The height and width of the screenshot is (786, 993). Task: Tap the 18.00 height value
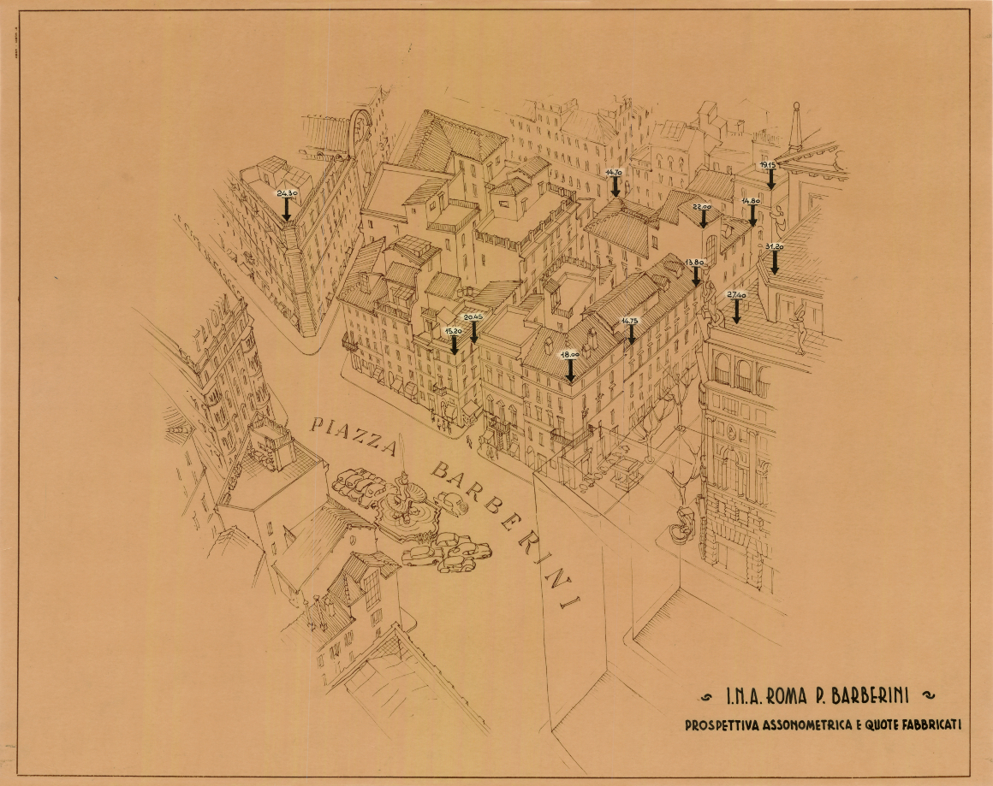[x=570, y=353]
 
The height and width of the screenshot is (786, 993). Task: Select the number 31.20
[x=774, y=246]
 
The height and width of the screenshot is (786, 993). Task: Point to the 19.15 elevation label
[x=768, y=165]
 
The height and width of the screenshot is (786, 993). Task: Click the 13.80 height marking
[x=695, y=263]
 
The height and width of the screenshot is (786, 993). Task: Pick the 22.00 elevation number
[x=702, y=207]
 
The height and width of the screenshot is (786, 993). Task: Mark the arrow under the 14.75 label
[x=631, y=334]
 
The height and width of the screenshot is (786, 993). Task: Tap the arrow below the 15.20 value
[x=454, y=344]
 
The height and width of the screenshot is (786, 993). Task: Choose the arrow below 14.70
[x=615, y=187]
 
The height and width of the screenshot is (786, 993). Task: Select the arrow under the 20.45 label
[x=474, y=331]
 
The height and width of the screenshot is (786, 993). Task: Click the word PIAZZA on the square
[x=355, y=435]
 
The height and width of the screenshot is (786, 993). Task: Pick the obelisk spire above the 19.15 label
[x=796, y=124]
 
